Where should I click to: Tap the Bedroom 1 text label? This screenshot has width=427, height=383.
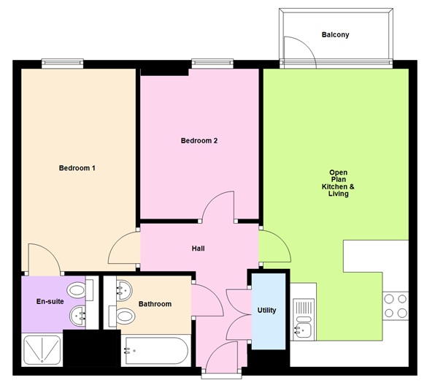click(x=77, y=168)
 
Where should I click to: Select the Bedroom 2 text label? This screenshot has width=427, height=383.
click(x=199, y=141)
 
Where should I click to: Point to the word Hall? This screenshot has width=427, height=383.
click(x=198, y=249)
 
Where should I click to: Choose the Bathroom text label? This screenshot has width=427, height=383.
click(x=155, y=304)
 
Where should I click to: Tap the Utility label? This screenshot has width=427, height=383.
click(x=266, y=310)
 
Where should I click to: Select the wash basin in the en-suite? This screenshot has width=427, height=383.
click(x=78, y=316)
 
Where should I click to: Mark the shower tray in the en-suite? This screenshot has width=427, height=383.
click(x=42, y=349)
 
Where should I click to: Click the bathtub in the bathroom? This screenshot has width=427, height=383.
click(x=155, y=351)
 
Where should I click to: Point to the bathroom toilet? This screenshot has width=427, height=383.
click(x=123, y=316)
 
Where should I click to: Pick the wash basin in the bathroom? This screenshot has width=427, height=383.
click(x=122, y=289)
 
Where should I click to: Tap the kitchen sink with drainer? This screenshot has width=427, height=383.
click(x=302, y=319)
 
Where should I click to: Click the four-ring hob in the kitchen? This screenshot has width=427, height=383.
click(x=396, y=306)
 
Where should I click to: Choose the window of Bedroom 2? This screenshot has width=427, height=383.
click(x=212, y=64)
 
